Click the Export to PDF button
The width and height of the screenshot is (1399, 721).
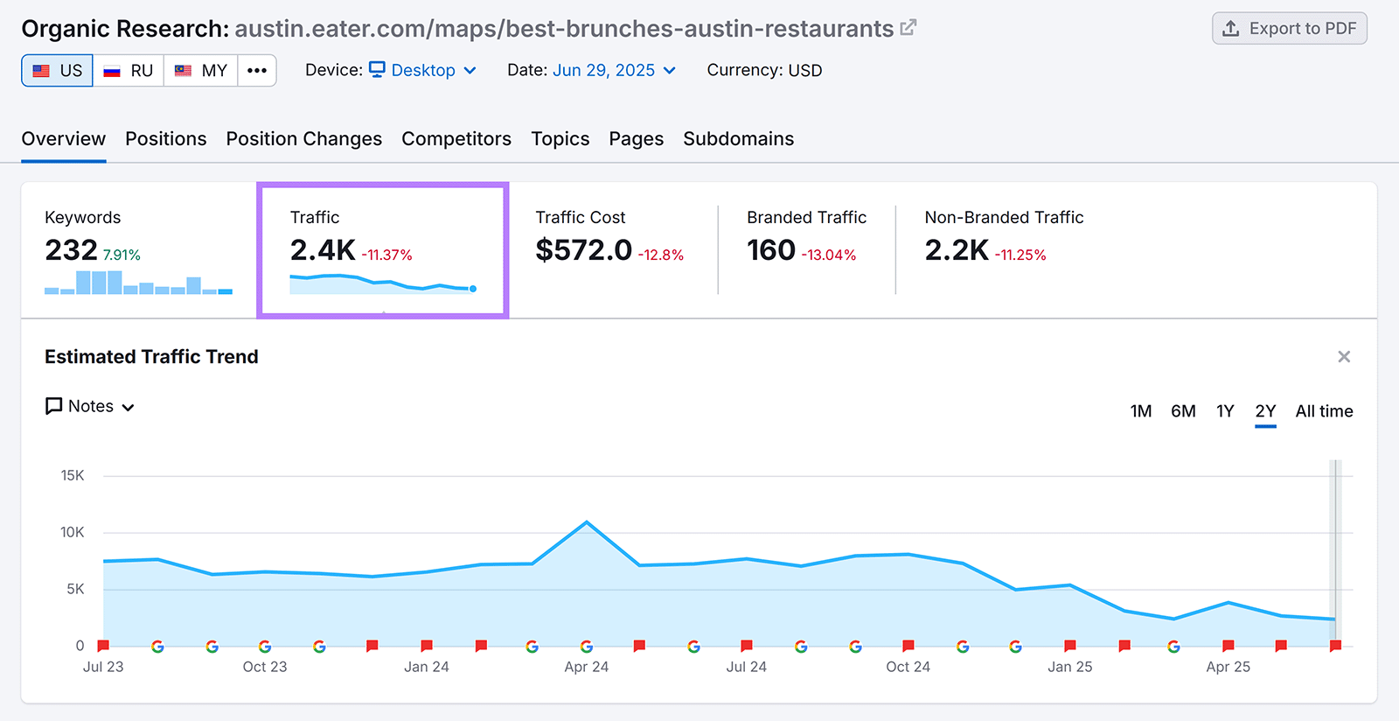click(x=1290, y=29)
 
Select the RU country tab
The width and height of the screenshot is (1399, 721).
click(x=129, y=71)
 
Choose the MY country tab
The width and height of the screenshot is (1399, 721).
click(x=201, y=71)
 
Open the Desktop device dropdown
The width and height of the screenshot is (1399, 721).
click(x=423, y=70)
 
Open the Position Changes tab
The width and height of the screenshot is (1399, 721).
click(x=303, y=139)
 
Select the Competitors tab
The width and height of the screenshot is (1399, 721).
click(x=456, y=139)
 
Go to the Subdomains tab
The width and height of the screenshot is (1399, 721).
click(x=738, y=139)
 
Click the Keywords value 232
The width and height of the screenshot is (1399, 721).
click(x=71, y=250)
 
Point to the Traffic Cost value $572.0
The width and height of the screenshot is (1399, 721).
click(x=583, y=250)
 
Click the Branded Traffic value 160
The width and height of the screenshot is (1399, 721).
click(x=770, y=250)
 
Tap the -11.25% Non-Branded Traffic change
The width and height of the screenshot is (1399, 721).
click(x=1020, y=255)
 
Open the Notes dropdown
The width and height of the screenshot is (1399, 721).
click(x=90, y=407)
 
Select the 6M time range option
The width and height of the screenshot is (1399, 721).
click(x=1182, y=411)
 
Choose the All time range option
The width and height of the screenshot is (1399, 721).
click(x=1324, y=411)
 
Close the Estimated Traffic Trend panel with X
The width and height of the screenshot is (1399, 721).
click(x=1344, y=357)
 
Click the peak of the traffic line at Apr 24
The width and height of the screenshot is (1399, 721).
click(x=587, y=522)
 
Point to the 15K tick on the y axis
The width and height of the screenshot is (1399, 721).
click(x=73, y=476)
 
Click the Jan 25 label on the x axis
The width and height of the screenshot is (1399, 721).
click(x=1069, y=667)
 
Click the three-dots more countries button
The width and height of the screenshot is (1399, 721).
click(x=257, y=71)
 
